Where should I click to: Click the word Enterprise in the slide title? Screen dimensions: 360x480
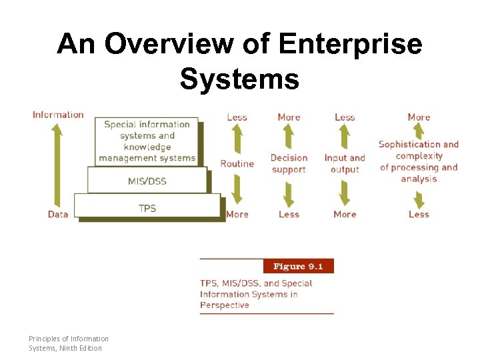click(x=350, y=45)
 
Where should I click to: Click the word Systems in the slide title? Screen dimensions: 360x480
click(x=239, y=79)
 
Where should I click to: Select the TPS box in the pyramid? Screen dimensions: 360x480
click(x=147, y=208)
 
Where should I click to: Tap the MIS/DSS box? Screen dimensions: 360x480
click(x=147, y=181)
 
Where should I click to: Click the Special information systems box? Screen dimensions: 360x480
click(x=147, y=141)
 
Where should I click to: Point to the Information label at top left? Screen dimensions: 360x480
click(x=58, y=115)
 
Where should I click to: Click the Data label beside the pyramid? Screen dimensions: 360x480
click(x=58, y=214)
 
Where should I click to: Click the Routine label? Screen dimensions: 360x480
click(x=237, y=164)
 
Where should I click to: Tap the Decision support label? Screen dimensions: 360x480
click(x=289, y=164)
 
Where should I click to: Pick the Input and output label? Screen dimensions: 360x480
click(x=345, y=164)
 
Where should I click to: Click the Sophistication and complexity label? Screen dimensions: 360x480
click(x=419, y=161)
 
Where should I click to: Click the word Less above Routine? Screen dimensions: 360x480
click(x=237, y=117)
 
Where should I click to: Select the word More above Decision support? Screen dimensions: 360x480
click(x=289, y=117)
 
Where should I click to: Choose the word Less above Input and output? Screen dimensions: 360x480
click(x=345, y=117)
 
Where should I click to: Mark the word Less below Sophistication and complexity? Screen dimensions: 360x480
click(x=419, y=214)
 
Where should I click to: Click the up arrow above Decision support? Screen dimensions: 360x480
click(x=288, y=137)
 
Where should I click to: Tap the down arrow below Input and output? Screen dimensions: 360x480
click(x=345, y=193)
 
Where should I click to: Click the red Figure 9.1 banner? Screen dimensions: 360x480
click(x=298, y=267)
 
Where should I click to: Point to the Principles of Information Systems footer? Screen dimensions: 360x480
click(x=68, y=343)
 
